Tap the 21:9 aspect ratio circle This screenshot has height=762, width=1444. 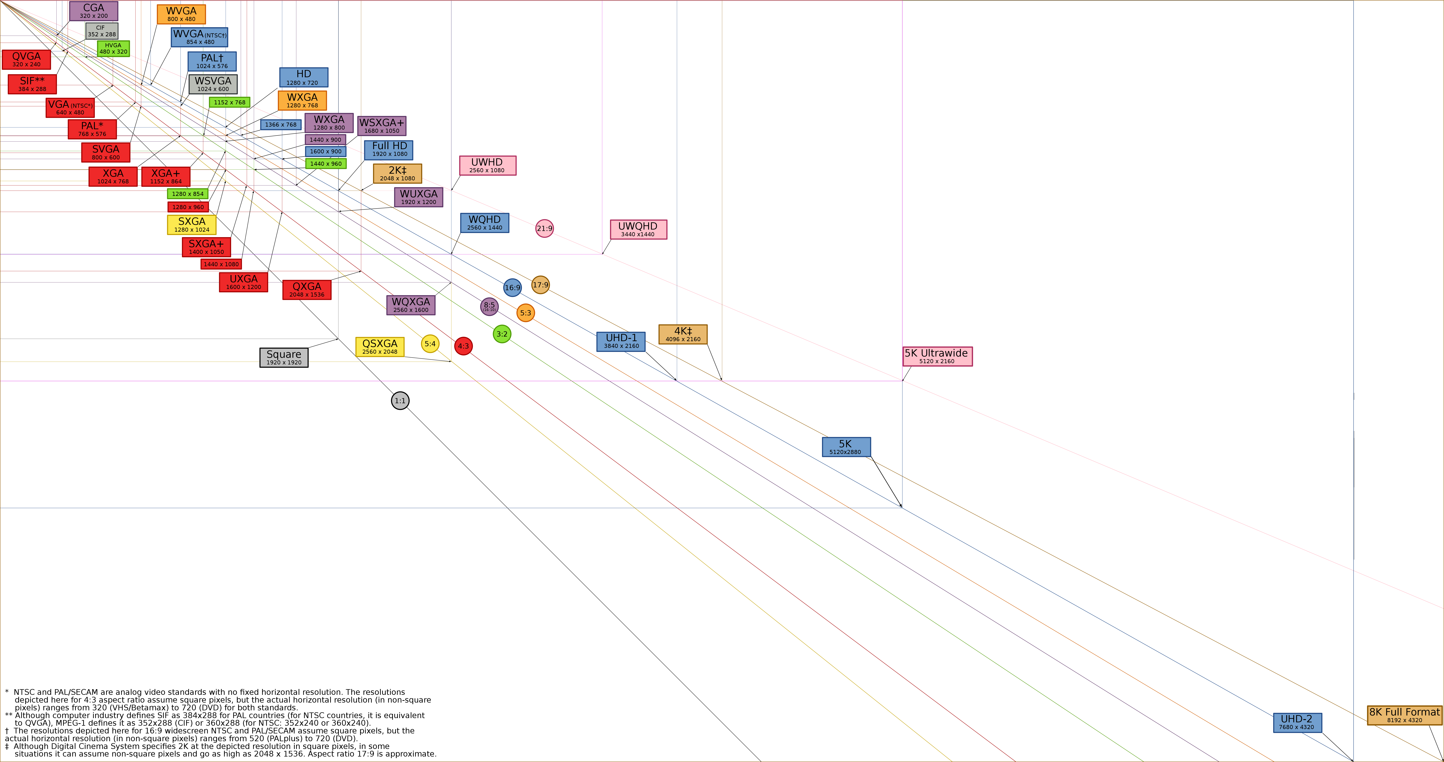click(544, 228)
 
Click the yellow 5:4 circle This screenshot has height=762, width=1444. click(430, 344)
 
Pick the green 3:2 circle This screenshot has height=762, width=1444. click(502, 334)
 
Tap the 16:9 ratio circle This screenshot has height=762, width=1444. click(512, 288)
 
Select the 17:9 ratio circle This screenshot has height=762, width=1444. click(540, 285)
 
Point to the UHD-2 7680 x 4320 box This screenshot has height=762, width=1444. click(1297, 723)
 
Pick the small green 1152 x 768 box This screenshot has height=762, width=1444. click(229, 102)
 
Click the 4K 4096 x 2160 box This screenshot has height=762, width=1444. click(683, 334)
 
